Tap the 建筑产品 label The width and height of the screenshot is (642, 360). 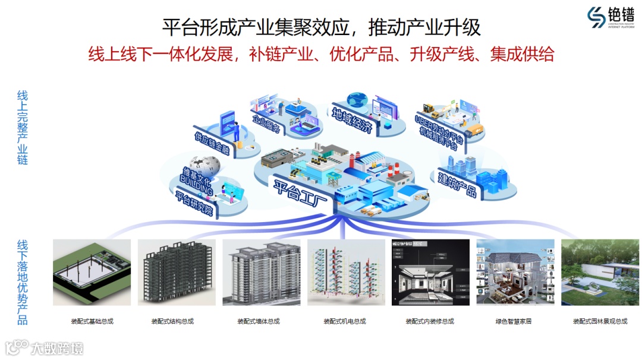(x=457, y=184)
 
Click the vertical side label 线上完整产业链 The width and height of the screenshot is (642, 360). (x=23, y=128)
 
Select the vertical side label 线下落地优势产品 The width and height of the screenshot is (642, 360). (x=23, y=282)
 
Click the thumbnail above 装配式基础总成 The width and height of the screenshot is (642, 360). (x=92, y=273)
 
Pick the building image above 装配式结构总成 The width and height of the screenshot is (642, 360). (x=177, y=273)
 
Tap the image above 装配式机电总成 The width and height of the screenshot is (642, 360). (x=346, y=273)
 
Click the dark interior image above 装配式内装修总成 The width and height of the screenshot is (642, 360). (x=430, y=273)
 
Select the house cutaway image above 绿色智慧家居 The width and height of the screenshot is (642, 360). (x=515, y=273)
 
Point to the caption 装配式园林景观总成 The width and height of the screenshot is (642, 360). (x=600, y=321)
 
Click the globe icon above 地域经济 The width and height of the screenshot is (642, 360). (x=358, y=99)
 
